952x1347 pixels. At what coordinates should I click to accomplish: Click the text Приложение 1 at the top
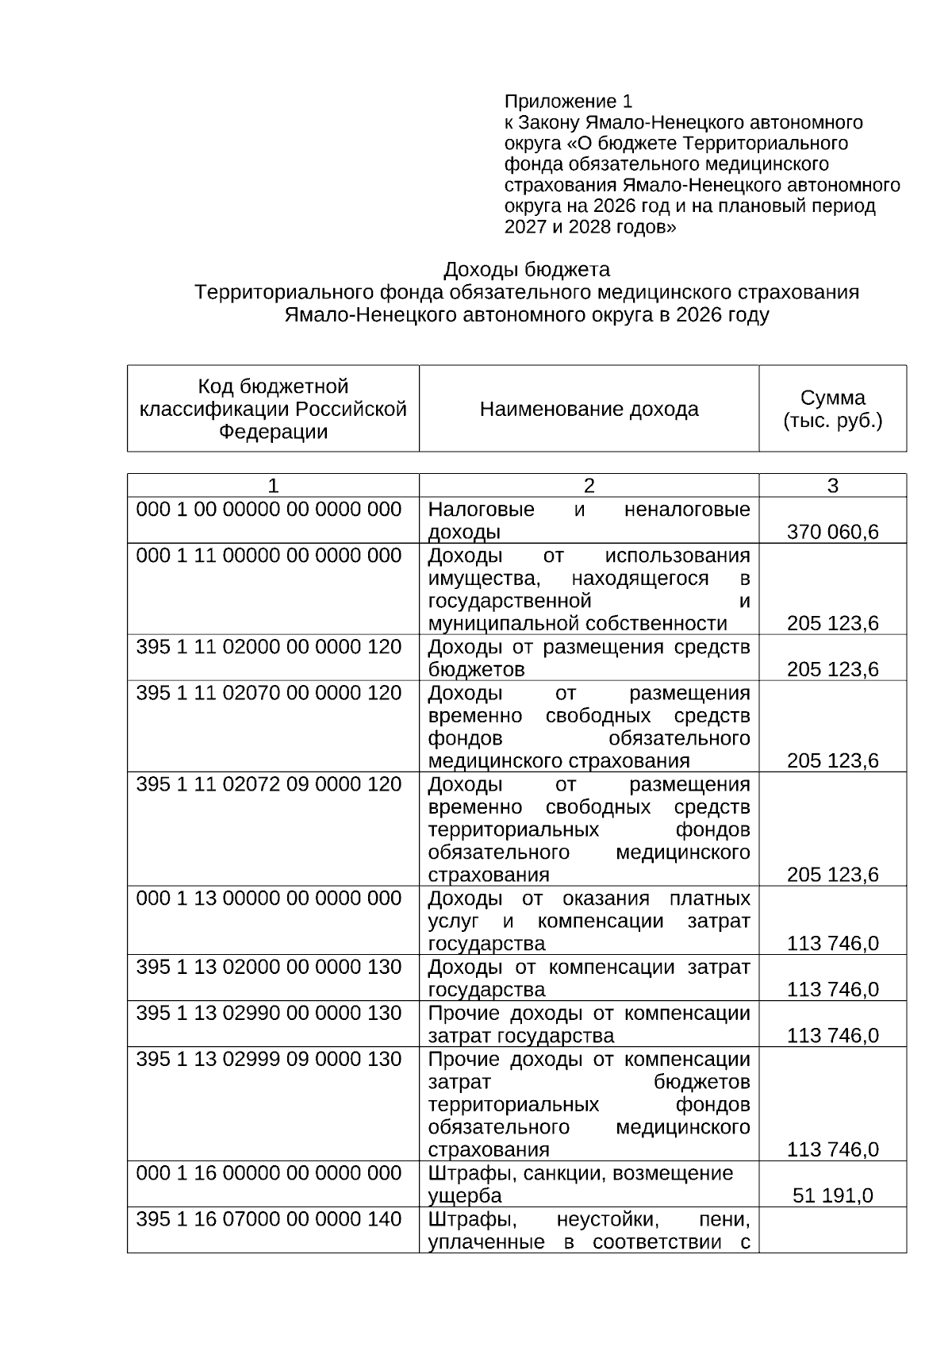coord(568,102)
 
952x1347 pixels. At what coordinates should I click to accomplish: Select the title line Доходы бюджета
coord(526,269)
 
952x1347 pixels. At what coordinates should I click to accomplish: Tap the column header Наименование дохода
coord(589,410)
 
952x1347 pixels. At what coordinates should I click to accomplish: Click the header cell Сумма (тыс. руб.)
coord(832,409)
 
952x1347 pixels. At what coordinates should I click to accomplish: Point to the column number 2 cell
coord(589,486)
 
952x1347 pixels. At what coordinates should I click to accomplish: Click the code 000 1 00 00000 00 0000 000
coord(269,510)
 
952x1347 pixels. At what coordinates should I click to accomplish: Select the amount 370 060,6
coord(832,532)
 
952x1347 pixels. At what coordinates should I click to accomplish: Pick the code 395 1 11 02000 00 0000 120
coord(269,647)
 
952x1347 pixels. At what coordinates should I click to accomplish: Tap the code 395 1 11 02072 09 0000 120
coord(269,784)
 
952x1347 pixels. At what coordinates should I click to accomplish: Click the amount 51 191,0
coord(832,1195)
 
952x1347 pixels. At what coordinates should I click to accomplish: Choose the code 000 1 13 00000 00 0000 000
coord(269,899)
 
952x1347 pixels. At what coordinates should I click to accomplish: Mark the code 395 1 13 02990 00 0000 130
coord(269,1014)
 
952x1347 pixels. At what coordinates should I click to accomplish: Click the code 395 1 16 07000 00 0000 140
coord(269,1219)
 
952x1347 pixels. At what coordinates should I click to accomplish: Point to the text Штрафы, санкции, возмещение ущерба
coord(581,1184)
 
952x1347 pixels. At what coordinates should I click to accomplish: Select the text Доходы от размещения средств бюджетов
coord(589,658)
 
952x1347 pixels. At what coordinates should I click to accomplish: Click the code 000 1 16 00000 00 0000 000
coord(269,1173)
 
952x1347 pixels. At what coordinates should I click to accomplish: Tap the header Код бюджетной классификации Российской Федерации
coord(273,409)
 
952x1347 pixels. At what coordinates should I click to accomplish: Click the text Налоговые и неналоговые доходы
coord(589,521)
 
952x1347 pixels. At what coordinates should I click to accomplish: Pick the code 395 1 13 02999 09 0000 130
coord(269,1060)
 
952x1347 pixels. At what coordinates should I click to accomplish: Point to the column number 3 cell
coord(832,486)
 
